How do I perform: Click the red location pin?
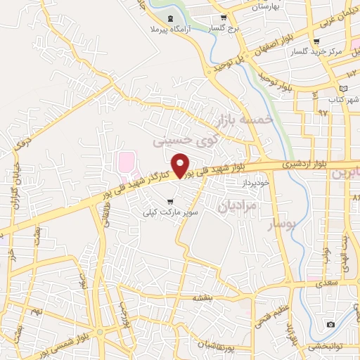point(181,165)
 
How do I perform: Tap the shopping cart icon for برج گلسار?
point(224,18)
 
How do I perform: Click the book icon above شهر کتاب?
point(343,89)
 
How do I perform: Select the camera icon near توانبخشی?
point(330,324)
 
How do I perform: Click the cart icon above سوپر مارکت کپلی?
point(169,202)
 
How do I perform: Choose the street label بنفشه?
point(203,298)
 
